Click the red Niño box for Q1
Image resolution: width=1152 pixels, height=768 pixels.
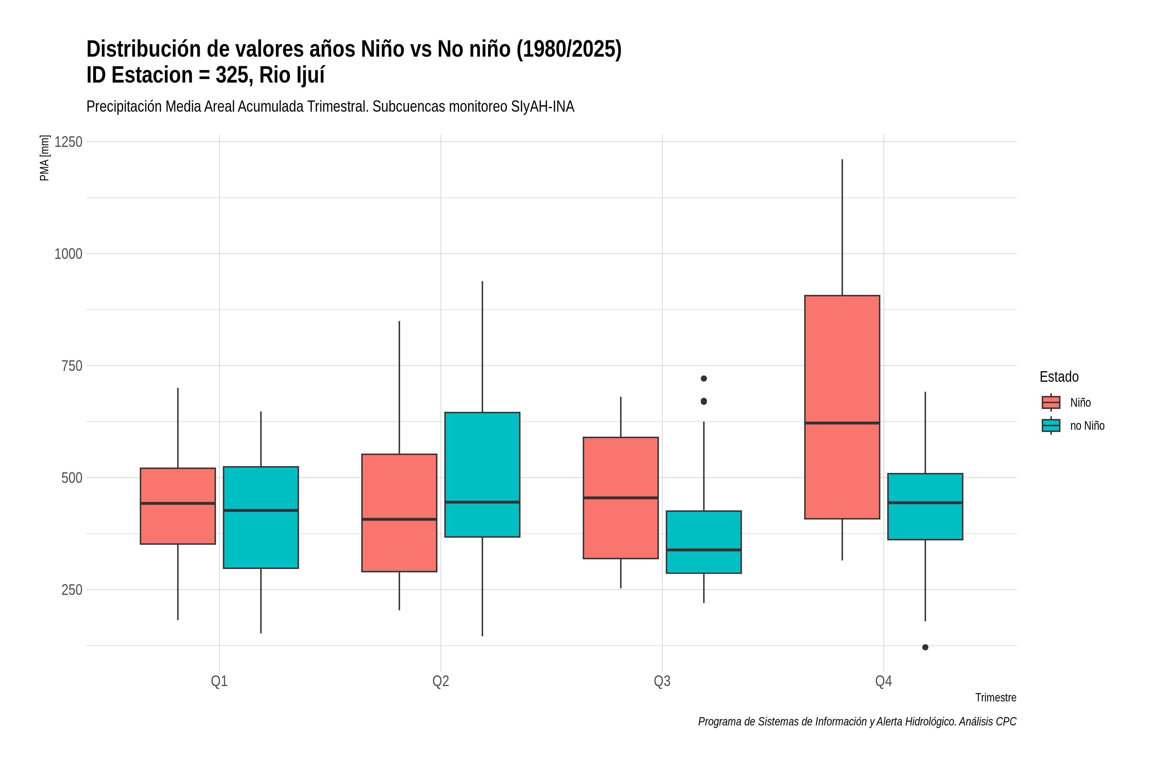click(178, 506)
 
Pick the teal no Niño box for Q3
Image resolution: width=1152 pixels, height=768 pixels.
click(703, 542)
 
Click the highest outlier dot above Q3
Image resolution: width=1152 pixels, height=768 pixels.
click(704, 379)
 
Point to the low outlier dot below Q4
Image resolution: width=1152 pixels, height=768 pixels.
click(925, 647)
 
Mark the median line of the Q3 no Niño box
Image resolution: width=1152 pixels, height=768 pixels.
click(703, 550)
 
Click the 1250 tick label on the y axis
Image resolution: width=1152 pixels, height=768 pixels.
click(68, 142)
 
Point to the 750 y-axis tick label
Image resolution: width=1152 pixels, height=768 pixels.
click(71, 366)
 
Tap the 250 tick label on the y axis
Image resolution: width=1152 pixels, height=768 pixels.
click(71, 590)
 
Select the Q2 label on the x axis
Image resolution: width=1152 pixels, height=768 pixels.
click(441, 681)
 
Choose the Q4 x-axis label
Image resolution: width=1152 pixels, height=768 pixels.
click(884, 681)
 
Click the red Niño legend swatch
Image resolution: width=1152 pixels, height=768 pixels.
click(1051, 403)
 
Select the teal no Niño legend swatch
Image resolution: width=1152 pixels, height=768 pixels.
click(1051, 426)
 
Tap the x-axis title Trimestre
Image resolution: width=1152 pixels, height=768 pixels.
click(996, 698)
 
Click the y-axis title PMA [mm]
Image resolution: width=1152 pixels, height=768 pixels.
click(44, 158)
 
